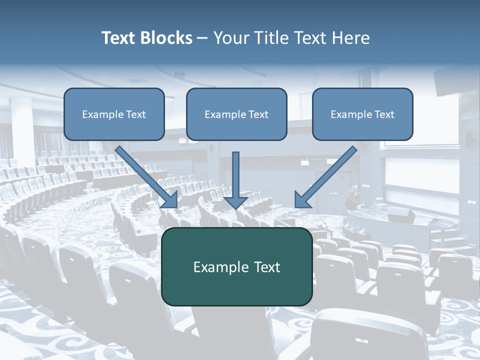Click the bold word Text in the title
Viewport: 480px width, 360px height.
pos(118,38)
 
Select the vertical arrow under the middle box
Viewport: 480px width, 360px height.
pos(235,175)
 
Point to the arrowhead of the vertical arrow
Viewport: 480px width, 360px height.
pos(235,202)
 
